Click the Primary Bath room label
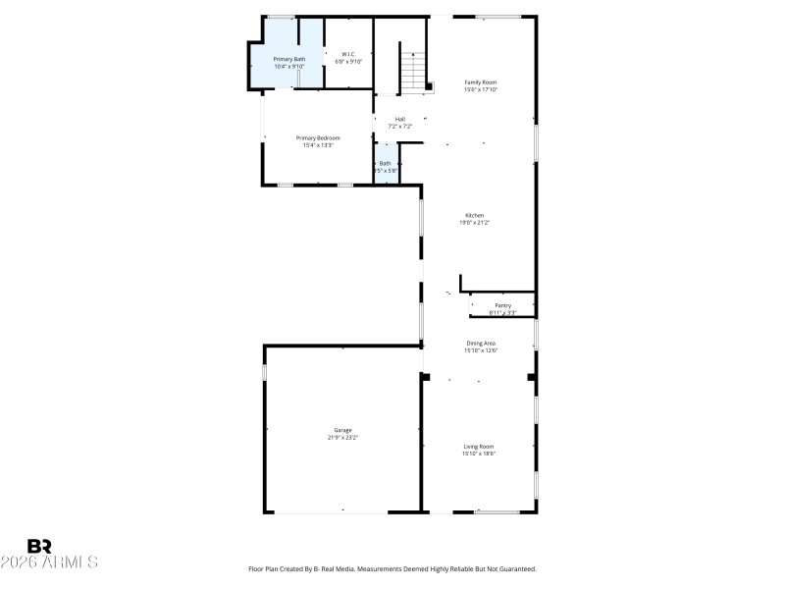[288, 59]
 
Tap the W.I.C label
[348, 54]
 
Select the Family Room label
[481, 81]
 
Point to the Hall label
[400, 119]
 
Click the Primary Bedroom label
[318, 137]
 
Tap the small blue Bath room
[386, 166]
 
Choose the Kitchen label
[474, 215]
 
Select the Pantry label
[502, 305]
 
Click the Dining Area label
[481, 343]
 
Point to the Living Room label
[479, 447]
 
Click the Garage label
[342, 430]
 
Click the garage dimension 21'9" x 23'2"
[342, 437]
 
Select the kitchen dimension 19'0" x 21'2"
[474, 223]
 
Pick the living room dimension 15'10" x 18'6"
[479, 454]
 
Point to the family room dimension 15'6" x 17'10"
[481, 89]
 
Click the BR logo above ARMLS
[39, 546]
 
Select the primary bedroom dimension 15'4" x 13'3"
[318, 145]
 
